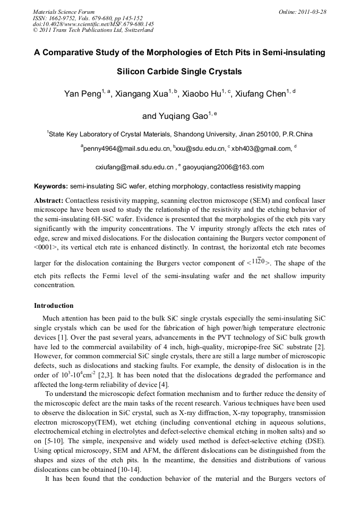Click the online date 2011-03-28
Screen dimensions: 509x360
[x=311, y=11]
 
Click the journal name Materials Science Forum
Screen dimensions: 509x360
[x=63, y=11]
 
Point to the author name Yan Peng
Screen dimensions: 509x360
[x=82, y=94]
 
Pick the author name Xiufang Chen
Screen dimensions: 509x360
[x=261, y=94]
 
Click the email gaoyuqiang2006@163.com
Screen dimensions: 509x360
[x=223, y=167]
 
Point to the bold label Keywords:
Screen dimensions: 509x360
[x=51, y=186]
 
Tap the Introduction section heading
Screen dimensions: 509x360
[x=54, y=306]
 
